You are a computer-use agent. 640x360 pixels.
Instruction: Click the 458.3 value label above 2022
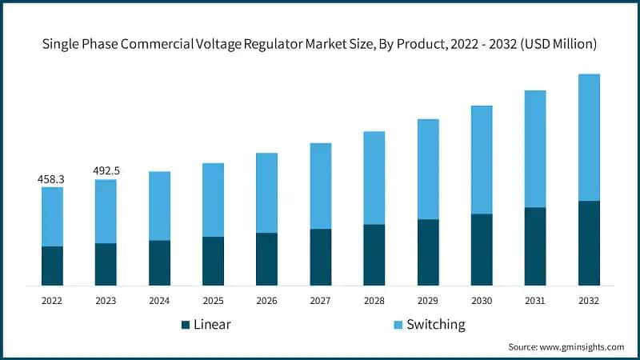(51, 180)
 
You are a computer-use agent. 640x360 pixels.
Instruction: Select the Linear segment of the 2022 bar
(52, 266)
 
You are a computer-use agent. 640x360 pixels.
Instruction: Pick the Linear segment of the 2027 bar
(321, 257)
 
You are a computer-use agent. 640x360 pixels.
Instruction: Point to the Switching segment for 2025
(213, 200)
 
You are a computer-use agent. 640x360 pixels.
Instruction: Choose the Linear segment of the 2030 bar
(482, 250)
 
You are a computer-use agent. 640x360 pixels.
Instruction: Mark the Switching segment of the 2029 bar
(428, 169)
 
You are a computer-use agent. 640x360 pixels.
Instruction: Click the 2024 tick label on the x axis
(159, 301)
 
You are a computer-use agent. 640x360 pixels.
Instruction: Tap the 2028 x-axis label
(374, 301)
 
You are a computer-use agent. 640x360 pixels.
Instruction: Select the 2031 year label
(535, 301)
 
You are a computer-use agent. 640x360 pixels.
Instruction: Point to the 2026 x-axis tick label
(266, 301)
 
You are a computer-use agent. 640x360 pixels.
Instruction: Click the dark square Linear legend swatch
(186, 325)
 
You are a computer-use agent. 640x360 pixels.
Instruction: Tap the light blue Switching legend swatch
(398, 325)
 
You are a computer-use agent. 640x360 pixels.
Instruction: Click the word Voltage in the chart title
(237, 46)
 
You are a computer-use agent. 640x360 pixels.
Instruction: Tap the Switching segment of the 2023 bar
(106, 211)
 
